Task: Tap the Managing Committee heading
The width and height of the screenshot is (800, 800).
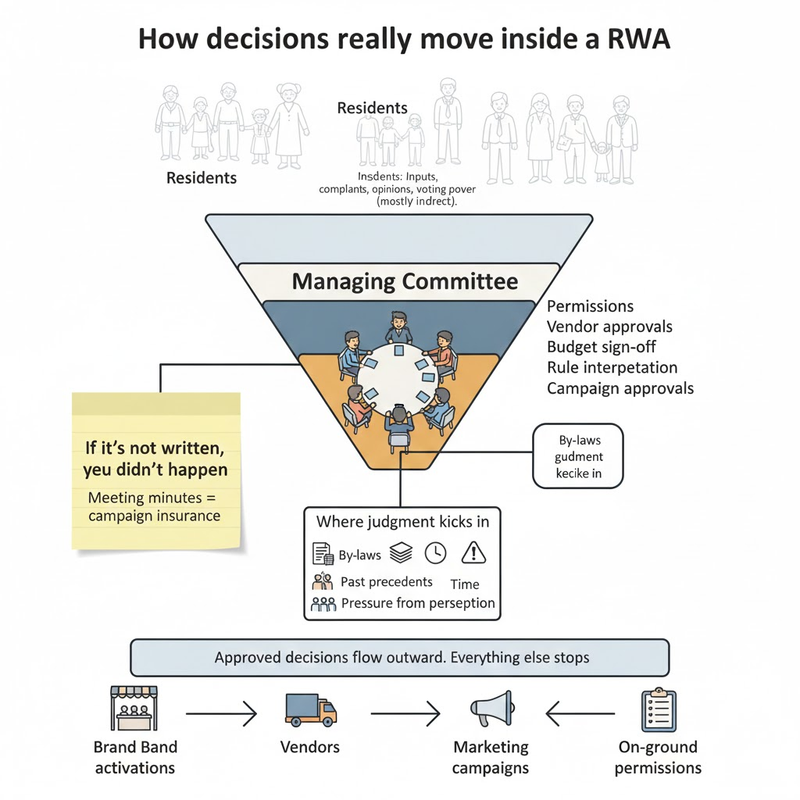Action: [405, 281]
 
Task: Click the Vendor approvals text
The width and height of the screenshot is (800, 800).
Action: [610, 327]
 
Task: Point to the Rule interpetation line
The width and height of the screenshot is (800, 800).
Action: [612, 367]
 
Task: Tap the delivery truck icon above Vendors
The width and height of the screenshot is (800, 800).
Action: [310, 709]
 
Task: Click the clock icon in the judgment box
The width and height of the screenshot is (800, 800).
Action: [436, 551]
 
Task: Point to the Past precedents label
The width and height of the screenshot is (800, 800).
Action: [387, 581]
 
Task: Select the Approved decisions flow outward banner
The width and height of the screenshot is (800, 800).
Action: [400, 658]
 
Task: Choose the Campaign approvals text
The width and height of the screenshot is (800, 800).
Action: [621, 388]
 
